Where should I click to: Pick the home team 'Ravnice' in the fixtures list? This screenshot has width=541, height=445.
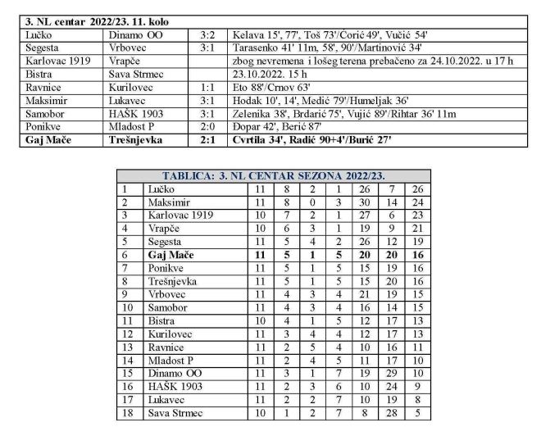45,88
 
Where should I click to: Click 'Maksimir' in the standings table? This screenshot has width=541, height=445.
169,202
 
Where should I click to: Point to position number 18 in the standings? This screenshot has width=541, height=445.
127,413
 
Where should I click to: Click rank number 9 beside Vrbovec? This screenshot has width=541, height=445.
127,294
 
